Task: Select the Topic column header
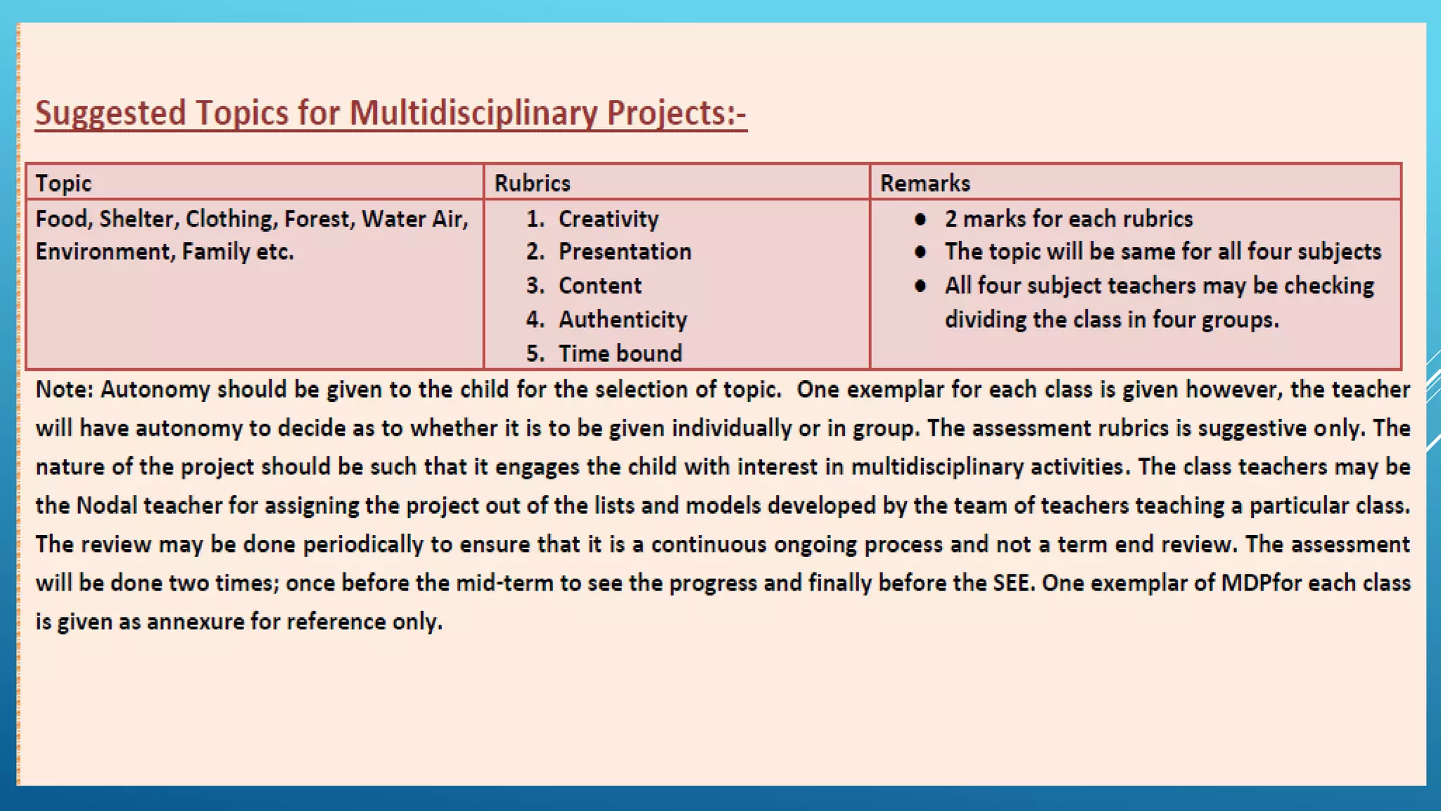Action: pyautogui.click(x=63, y=183)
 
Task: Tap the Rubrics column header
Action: pyautogui.click(x=532, y=183)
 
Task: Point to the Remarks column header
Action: pyautogui.click(x=925, y=183)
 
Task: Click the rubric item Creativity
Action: pyautogui.click(x=608, y=219)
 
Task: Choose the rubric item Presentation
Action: pyautogui.click(x=625, y=252)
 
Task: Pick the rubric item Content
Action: pyautogui.click(x=599, y=286)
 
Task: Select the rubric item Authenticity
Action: pyautogui.click(x=623, y=320)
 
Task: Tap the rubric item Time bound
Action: pyautogui.click(x=620, y=353)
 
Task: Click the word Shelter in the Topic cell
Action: pyautogui.click(x=139, y=219)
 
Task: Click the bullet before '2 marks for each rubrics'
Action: pyautogui.click(x=920, y=219)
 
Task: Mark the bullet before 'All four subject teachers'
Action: pyautogui.click(x=920, y=286)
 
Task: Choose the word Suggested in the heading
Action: pyautogui.click(x=110, y=113)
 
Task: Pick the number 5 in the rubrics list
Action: pyautogui.click(x=534, y=353)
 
